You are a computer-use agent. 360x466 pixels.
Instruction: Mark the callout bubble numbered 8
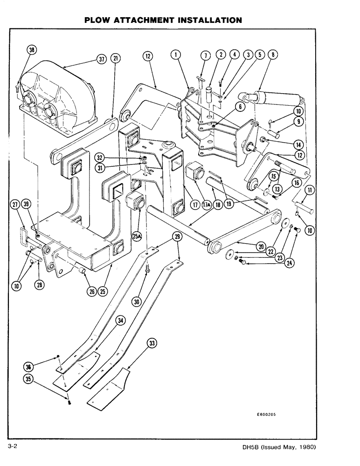pos(274,55)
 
